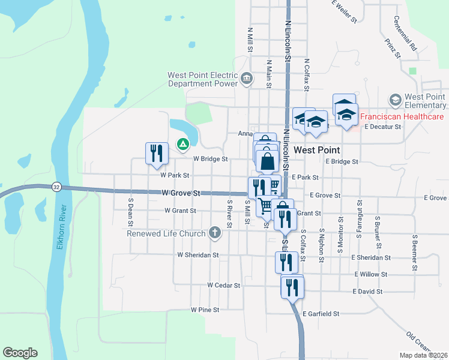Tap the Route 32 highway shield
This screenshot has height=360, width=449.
tap(56, 187)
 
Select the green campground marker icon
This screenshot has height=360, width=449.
tap(182, 144)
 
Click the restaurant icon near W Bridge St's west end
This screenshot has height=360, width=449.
tap(157, 152)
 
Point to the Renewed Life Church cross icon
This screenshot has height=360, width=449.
tap(215, 232)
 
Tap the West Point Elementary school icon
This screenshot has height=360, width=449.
tap(395, 99)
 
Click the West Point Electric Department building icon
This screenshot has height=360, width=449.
tap(246, 79)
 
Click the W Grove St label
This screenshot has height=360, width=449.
tap(181, 193)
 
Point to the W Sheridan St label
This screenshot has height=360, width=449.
tap(197, 255)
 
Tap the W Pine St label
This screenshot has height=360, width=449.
tap(205, 310)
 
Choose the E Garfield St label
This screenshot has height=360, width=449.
tap(321, 314)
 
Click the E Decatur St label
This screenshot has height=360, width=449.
tap(382, 127)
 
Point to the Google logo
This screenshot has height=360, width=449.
tap(20, 353)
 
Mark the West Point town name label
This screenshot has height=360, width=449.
tap(317, 150)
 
